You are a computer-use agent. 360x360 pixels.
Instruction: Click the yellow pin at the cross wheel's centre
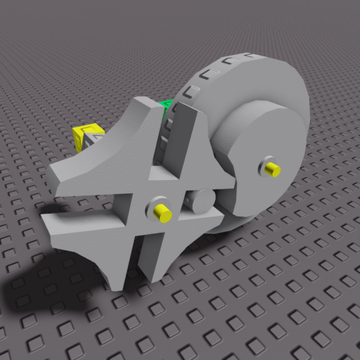[x=164, y=214]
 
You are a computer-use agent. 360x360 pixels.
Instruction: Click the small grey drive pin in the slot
[x=202, y=201]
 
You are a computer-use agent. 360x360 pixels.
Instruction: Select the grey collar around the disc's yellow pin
[x=266, y=167]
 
